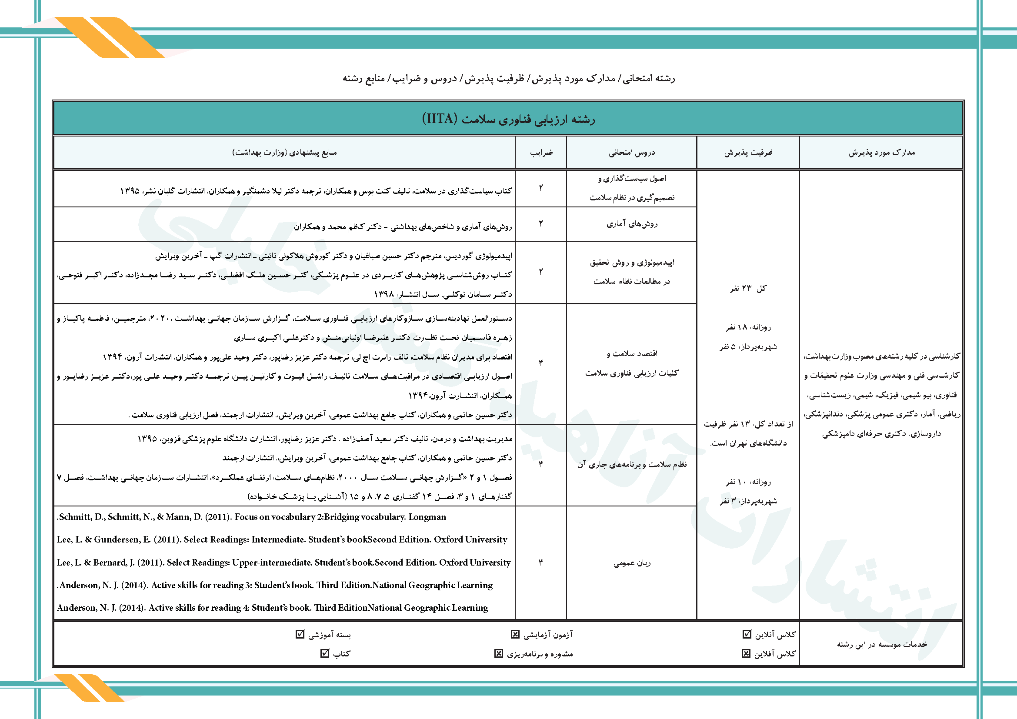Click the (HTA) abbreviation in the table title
(439, 119)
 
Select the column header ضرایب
(541, 153)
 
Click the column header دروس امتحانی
(631, 153)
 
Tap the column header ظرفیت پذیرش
(748, 153)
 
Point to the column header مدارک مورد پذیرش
(881, 153)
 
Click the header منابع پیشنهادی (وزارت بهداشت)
(284, 153)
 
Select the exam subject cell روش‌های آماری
(632, 224)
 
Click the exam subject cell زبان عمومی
(632, 563)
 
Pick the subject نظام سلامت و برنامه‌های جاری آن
(632, 464)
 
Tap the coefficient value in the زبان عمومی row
(541, 562)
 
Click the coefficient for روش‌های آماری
(541, 223)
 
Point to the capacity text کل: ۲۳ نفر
(748, 289)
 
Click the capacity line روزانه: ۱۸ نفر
(748, 327)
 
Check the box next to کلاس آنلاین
(747, 634)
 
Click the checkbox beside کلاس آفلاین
(746, 653)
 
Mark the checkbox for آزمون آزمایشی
(515, 634)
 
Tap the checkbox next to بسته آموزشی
(300, 634)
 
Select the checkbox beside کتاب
(325, 653)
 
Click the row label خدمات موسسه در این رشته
(881, 644)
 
